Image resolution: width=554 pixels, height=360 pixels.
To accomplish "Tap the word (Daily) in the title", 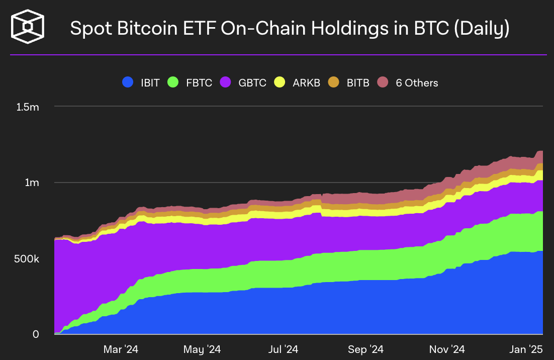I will [481, 28].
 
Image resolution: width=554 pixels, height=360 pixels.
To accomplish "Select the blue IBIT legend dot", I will [128, 82].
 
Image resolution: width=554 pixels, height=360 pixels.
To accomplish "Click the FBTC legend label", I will [199, 82].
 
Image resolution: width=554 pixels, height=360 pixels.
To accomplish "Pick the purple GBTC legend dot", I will [226, 82].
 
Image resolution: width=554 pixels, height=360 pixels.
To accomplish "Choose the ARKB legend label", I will [306, 82].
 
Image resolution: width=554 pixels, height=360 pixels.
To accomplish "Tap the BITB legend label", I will [358, 82].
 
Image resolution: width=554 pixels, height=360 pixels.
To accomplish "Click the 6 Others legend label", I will [417, 82].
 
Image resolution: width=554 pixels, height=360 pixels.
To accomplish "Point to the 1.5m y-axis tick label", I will [27, 107].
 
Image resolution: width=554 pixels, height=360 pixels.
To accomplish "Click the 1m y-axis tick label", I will [32, 183].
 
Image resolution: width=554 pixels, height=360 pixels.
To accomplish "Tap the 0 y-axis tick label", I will [35, 334].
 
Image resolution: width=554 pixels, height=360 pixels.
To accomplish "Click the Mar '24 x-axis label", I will [121, 348].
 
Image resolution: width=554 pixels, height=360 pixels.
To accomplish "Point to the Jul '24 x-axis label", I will [284, 348].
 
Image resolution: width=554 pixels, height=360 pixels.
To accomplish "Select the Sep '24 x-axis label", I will [366, 348].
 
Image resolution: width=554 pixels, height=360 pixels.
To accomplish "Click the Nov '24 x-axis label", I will [447, 348].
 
